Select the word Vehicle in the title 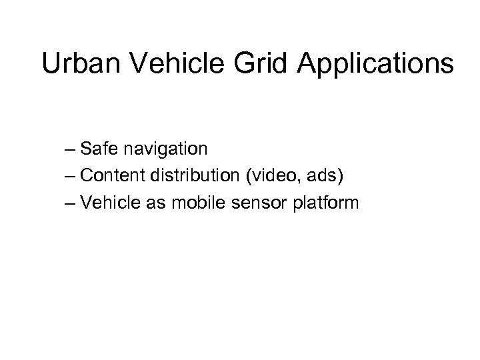coord(170,64)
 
